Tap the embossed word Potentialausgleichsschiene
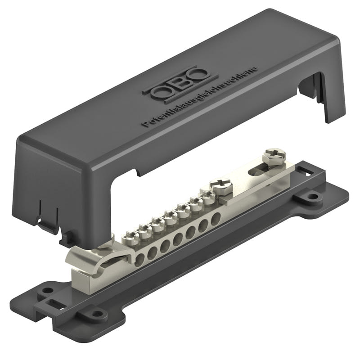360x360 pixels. [199, 96]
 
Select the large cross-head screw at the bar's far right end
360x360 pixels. [274, 157]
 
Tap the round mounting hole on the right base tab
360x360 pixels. [312, 196]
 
